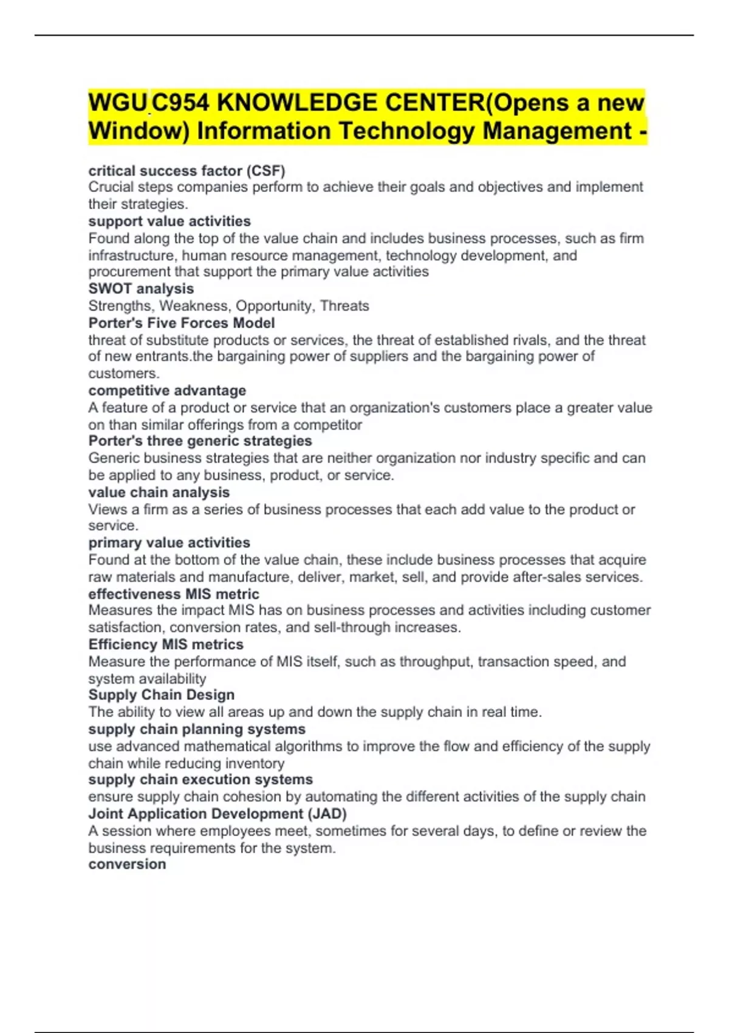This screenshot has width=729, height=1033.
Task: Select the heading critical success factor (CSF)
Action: (x=187, y=171)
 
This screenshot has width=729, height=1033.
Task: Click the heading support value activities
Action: (x=169, y=221)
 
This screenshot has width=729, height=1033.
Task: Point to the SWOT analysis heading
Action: (x=141, y=289)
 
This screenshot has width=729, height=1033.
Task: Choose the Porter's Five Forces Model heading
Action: (x=182, y=323)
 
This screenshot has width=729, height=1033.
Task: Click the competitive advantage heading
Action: (x=167, y=390)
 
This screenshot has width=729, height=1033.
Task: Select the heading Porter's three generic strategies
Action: (x=200, y=441)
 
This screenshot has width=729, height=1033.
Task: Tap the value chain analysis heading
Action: (x=159, y=492)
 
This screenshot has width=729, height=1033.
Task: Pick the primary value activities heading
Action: (x=169, y=543)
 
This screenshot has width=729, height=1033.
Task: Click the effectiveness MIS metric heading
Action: (x=174, y=594)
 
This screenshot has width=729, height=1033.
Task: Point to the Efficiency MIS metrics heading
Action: (x=166, y=644)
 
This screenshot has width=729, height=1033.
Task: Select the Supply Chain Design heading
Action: (x=161, y=695)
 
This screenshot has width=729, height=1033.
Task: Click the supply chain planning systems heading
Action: (x=197, y=729)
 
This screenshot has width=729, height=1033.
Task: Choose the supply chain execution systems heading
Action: (x=200, y=779)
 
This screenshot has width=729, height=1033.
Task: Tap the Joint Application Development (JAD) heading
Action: (x=217, y=814)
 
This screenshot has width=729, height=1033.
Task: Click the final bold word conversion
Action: (x=127, y=864)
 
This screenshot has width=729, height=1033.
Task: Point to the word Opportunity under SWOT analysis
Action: (x=274, y=306)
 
